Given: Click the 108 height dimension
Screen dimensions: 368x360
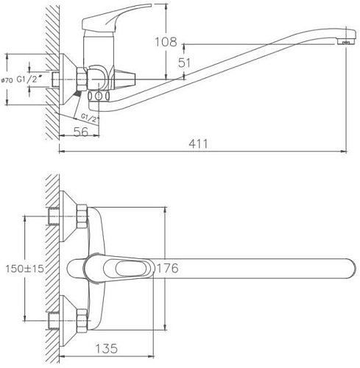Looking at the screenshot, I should pos(167,42).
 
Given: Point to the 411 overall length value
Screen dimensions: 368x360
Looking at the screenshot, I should pos(196,144).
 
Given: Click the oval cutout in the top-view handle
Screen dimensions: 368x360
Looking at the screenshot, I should pos(128,269).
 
